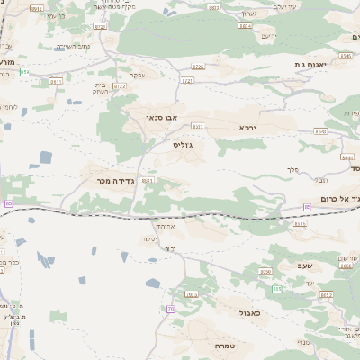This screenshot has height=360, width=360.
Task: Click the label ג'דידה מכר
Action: point(114,181)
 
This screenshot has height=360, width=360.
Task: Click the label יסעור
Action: point(148,238)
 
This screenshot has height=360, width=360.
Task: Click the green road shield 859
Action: point(24,73)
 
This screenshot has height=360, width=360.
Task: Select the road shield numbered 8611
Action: point(56,81)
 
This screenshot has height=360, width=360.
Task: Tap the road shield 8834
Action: point(245,26)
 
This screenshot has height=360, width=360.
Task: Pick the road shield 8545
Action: point(346,56)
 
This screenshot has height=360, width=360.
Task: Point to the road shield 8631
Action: point(148,180)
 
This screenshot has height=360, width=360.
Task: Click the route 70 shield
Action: point(171,309)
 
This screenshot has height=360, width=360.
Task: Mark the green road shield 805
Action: point(276,287)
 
